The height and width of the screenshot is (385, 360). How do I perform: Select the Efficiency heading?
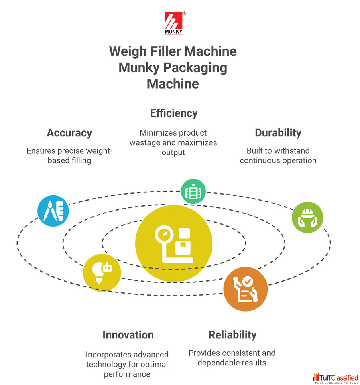click(174, 113)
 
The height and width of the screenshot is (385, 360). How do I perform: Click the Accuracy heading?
click(69, 133)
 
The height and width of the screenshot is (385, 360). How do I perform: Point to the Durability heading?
click(278, 133)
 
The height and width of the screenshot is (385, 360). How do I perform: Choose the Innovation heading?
click(128, 335)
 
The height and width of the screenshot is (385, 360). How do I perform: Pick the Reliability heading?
click(232, 335)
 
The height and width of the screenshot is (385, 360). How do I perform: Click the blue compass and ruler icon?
click(53, 211)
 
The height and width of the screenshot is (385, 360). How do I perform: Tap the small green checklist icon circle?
click(193, 191)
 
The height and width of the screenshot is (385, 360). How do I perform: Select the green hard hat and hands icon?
click(307, 217)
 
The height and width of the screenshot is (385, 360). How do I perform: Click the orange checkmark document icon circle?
click(245, 289)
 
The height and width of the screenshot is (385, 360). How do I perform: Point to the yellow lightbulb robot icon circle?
click(102, 272)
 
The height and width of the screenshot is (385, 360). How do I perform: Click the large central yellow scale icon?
click(174, 243)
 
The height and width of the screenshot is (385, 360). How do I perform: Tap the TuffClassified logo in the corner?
click(336, 378)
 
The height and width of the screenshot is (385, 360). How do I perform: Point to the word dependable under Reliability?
click(219, 363)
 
